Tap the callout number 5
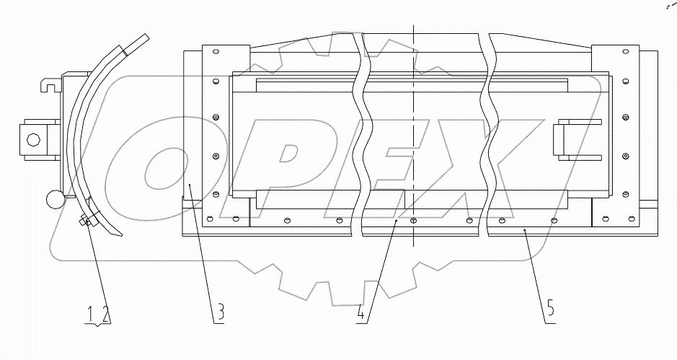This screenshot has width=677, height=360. [x=551, y=312]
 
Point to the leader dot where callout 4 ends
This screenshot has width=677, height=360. [x=396, y=224]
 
